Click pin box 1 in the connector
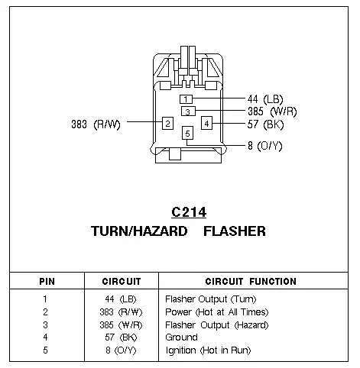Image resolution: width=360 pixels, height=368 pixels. coord(186,99)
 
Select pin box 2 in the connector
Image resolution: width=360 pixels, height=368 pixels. coord(167,124)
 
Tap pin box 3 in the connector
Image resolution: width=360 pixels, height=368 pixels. coord(188,111)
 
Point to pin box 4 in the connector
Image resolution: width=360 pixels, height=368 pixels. coord(206,123)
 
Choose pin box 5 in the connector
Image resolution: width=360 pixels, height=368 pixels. coord(187,133)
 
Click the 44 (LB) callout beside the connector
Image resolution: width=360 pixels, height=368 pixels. coord(265,99)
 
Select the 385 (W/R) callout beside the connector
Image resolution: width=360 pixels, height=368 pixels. coord(272,111)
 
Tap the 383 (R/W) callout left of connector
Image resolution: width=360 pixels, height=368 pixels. coord(96,124)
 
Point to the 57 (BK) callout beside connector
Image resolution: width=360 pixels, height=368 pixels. coord(265,124)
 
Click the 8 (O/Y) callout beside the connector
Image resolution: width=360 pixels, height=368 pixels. coord(265,146)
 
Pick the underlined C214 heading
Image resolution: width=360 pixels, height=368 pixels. coord(189,212)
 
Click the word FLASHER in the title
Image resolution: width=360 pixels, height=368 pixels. coord(235,231)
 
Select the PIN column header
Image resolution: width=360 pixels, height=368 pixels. coord(47,282)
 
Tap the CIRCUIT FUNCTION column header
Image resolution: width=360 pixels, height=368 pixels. coord(251,281)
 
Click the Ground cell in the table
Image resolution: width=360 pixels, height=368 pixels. coord(181,337)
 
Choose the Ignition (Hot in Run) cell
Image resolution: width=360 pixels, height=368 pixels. coord(208,350)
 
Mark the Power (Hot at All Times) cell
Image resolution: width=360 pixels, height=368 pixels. coord(217,312)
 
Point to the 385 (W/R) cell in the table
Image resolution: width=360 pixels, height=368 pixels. coord(121,325)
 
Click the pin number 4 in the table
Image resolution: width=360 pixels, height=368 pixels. coord(45,337)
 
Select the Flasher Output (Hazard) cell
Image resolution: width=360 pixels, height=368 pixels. coord(217,325)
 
